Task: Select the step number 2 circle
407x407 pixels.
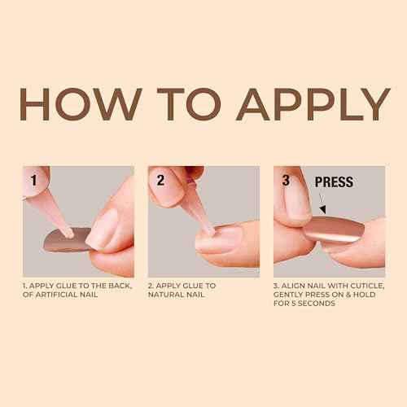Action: [x=162, y=179]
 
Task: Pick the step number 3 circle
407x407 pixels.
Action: [x=286, y=179]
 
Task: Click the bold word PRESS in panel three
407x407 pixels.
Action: [x=334, y=182]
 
